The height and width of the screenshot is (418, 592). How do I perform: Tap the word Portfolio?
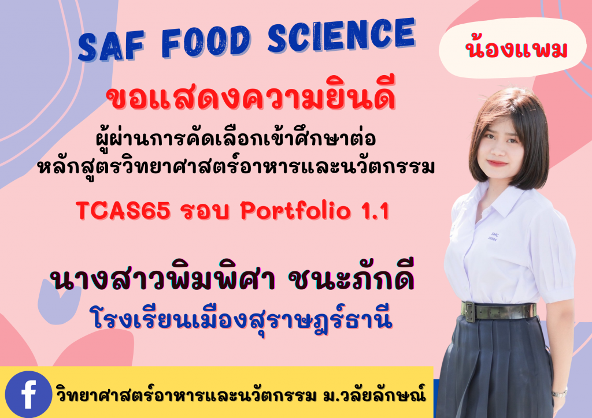[289, 212]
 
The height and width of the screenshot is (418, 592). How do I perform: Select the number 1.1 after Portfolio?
[373, 211]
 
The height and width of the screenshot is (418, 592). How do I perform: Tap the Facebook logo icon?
[28, 394]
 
